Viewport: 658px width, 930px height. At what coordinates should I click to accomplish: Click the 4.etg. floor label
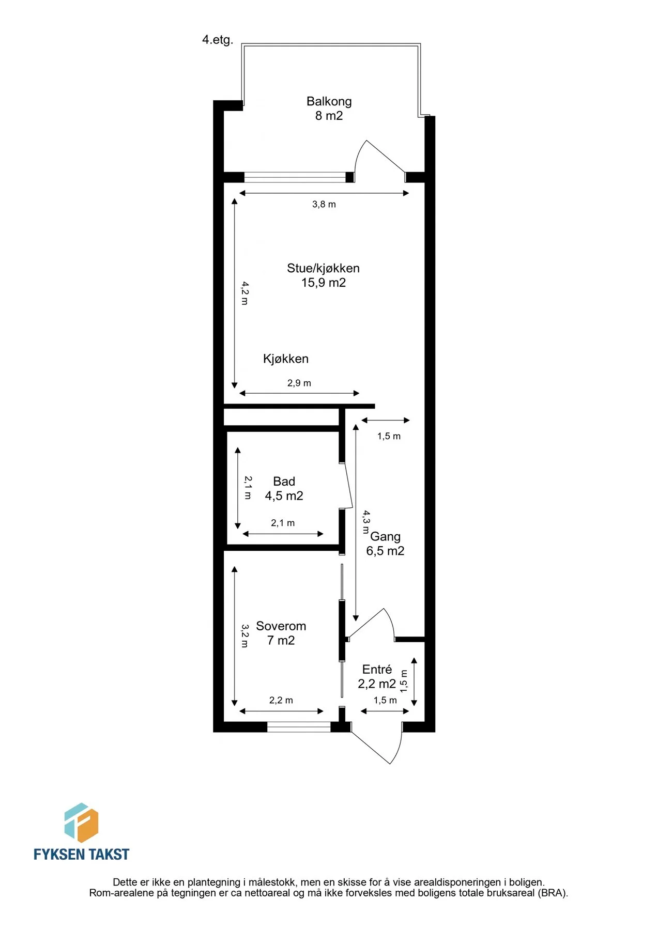click(218, 40)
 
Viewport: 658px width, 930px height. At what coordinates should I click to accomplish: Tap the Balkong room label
click(329, 101)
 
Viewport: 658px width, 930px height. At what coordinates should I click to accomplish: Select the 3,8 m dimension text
click(324, 205)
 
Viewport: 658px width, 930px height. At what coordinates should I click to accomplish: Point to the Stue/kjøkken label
click(324, 268)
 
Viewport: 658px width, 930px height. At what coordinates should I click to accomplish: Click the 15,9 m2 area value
click(324, 283)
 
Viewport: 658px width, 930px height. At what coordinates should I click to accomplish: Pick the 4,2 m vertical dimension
click(245, 293)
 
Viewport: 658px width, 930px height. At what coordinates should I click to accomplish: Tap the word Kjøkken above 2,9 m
click(286, 359)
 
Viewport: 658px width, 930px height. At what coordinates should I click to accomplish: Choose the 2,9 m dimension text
click(299, 383)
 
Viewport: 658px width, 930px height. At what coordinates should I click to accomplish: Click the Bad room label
click(284, 482)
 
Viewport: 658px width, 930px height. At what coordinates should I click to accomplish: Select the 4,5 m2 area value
click(284, 496)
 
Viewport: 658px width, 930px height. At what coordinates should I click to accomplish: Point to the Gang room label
click(386, 537)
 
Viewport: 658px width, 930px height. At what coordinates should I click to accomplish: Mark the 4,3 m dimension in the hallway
click(366, 522)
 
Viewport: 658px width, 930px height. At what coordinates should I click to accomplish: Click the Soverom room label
click(281, 626)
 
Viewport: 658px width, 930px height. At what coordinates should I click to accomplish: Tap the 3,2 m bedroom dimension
click(245, 636)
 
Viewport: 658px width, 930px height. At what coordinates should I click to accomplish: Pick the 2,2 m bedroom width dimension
click(281, 701)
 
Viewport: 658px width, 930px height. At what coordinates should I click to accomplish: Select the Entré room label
click(377, 670)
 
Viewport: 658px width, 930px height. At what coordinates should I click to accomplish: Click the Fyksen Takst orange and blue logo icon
click(81, 823)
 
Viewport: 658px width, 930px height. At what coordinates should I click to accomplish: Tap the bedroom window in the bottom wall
click(299, 727)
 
